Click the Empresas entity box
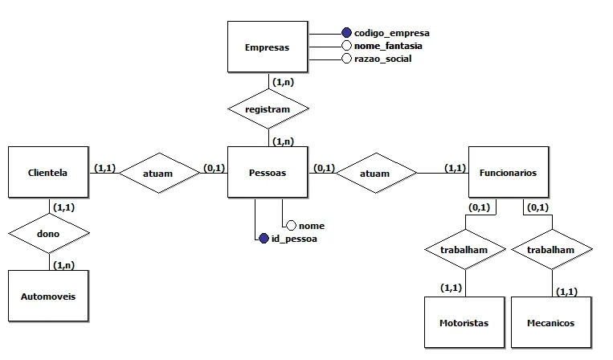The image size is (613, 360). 268,47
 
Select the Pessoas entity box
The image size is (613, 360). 268,172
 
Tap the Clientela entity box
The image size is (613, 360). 48,172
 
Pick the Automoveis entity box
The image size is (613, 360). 48,296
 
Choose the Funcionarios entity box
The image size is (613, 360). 508,172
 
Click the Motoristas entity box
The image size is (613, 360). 464,323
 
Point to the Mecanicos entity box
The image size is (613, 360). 551,323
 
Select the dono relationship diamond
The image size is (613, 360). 48,234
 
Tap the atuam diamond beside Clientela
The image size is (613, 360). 158,172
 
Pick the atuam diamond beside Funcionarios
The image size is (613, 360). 375,173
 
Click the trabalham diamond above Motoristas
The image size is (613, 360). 464,250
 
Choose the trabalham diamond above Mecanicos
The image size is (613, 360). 551,250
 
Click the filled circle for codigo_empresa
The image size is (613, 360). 346,33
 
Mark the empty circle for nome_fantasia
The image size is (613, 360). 346,46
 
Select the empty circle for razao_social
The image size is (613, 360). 346,59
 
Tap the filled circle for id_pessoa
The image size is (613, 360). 264,238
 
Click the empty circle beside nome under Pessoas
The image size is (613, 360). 292,226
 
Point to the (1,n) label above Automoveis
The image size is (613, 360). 64,264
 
